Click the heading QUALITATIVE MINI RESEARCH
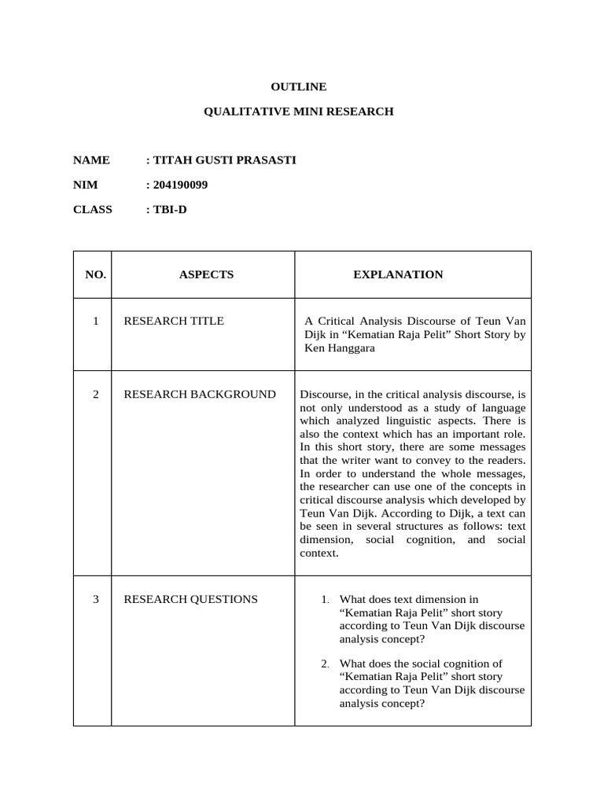(299, 112)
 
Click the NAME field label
(91, 160)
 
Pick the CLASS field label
(93, 209)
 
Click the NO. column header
(96, 274)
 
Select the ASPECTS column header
(206, 274)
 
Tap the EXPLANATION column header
(398, 274)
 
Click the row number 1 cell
(96, 321)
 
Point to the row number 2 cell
(96, 394)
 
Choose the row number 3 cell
(96, 599)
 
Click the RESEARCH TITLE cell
(174, 321)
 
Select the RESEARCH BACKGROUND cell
(200, 394)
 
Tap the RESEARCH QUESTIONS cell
(190, 599)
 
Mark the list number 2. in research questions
(326, 663)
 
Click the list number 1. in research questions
(326, 600)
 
